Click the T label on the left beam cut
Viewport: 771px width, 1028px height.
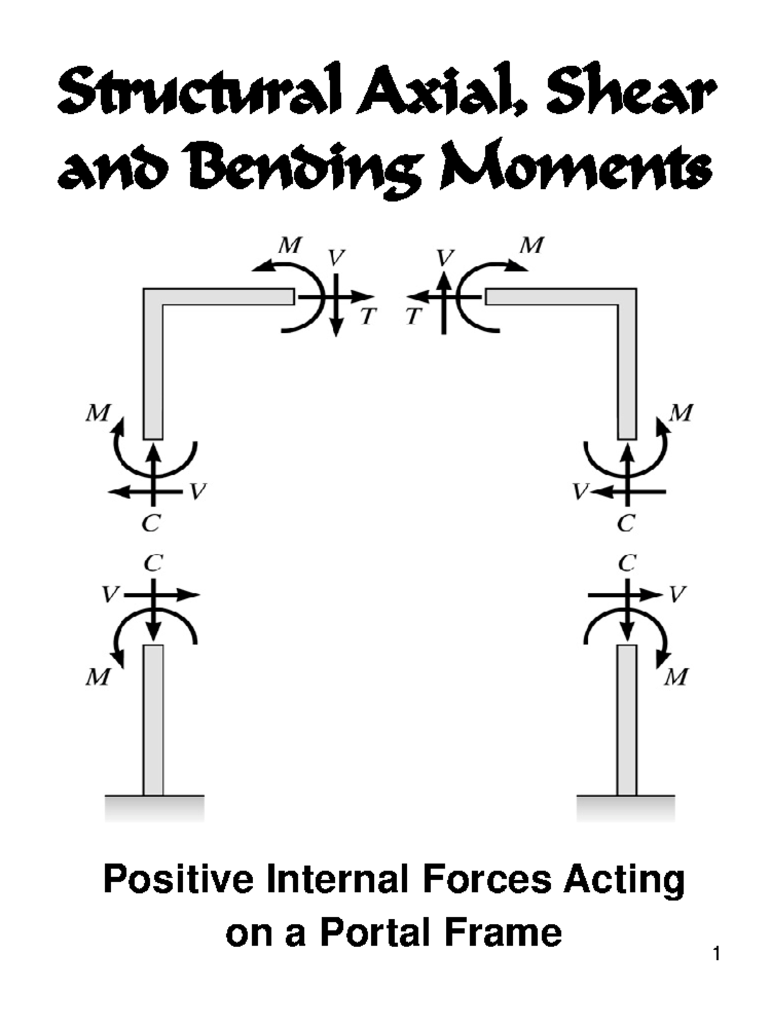tap(368, 316)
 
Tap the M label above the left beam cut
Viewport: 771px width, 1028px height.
tap(290, 245)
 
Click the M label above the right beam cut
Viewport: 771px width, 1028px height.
tap(531, 245)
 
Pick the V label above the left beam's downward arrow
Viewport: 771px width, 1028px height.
tap(336, 258)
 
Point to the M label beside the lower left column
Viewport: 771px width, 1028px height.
tap(98, 677)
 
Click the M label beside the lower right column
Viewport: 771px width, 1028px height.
tap(677, 677)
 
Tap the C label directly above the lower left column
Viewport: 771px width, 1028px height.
tap(152, 563)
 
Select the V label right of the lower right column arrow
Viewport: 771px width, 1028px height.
tap(677, 594)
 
